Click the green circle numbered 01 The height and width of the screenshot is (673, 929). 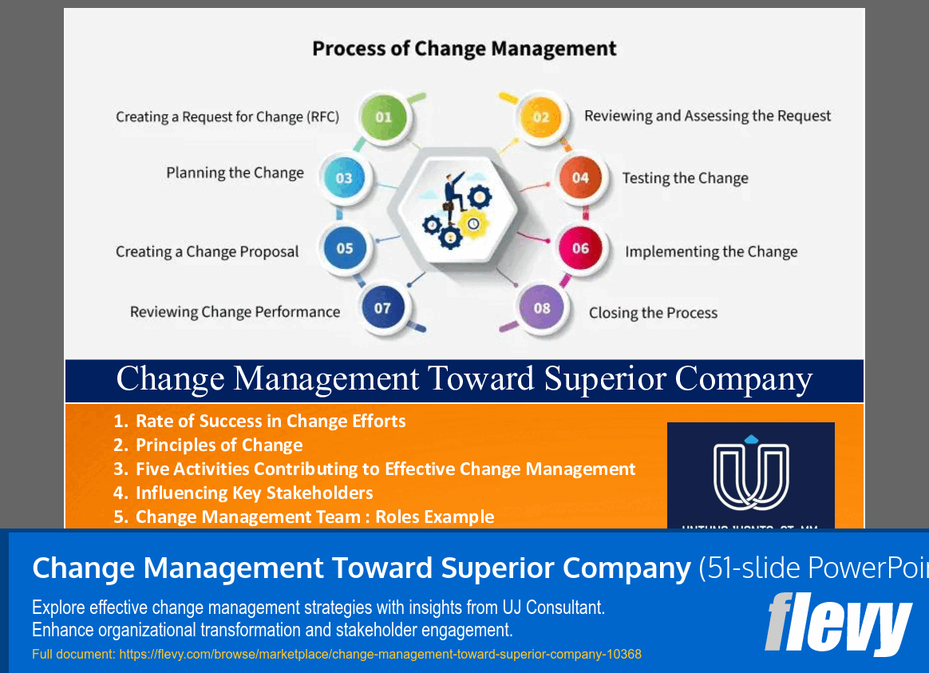point(384,117)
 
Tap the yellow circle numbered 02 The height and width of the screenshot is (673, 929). point(541,117)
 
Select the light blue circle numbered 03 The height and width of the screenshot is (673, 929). point(344,178)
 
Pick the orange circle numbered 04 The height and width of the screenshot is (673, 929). point(580,178)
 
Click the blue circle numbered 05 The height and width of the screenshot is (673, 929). point(344,248)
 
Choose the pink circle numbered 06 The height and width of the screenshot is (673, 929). point(580,248)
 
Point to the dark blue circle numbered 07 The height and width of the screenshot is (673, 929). point(382,307)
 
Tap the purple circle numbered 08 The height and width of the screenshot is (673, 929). point(542,307)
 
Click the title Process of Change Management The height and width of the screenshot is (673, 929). point(464,49)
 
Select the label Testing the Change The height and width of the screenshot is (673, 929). point(685,178)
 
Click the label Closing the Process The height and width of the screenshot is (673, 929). point(653,313)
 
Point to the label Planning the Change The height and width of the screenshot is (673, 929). point(235,173)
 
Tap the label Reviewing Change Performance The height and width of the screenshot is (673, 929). point(235,312)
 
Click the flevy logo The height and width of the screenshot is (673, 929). point(837,624)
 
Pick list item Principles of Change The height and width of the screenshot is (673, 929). point(219,445)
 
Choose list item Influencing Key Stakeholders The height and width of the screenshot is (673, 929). point(254,493)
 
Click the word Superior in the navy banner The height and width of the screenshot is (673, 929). point(604,379)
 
